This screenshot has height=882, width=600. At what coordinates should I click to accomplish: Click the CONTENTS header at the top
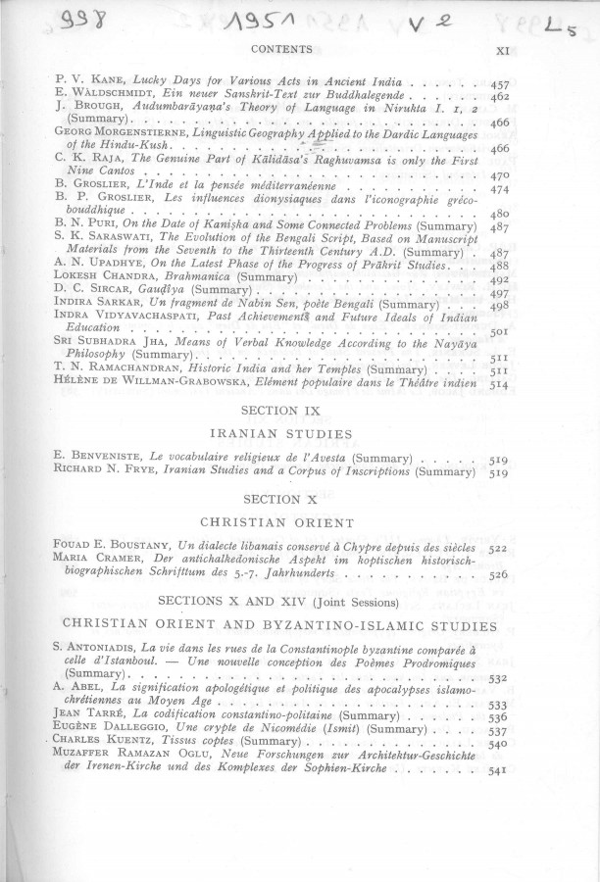(x=281, y=48)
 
